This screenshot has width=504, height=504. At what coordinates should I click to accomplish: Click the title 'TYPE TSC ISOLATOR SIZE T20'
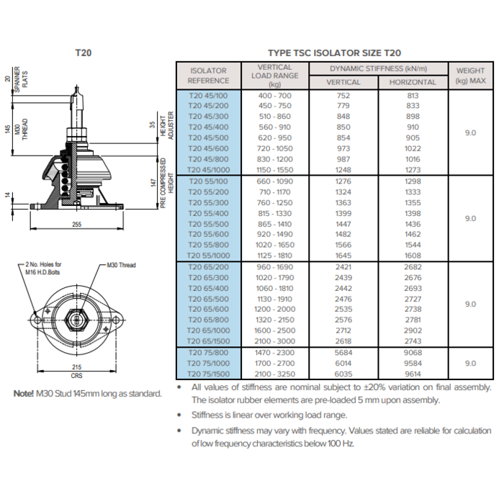click(x=334, y=53)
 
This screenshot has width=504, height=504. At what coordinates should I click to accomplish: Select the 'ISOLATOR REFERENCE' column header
click(x=207, y=76)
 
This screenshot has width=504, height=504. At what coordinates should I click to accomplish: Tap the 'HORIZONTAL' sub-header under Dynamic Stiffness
click(x=413, y=82)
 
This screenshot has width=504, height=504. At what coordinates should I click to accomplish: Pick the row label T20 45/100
click(x=207, y=95)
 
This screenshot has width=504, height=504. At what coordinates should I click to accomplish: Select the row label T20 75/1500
click(x=207, y=374)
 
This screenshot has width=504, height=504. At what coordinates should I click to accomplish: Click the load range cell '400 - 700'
click(x=274, y=95)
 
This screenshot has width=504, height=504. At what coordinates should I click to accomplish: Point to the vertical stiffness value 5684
click(x=343, y=353)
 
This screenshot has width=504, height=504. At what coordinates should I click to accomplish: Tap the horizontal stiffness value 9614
click(x=413, y=374)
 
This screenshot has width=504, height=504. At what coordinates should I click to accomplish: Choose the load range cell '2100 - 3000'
click(x=274, y=341)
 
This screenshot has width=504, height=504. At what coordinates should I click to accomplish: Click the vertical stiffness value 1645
click(x=343, y=255)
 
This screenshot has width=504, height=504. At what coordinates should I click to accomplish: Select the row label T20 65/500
click(x=207, y=298)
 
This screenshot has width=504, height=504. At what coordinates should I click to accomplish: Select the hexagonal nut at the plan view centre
click(x=77, y=317)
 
